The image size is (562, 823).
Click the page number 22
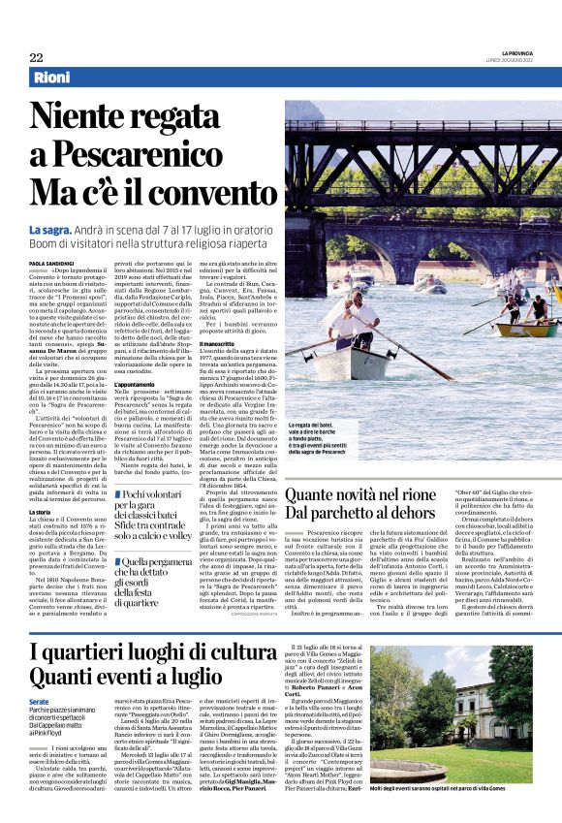pos(36,57)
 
